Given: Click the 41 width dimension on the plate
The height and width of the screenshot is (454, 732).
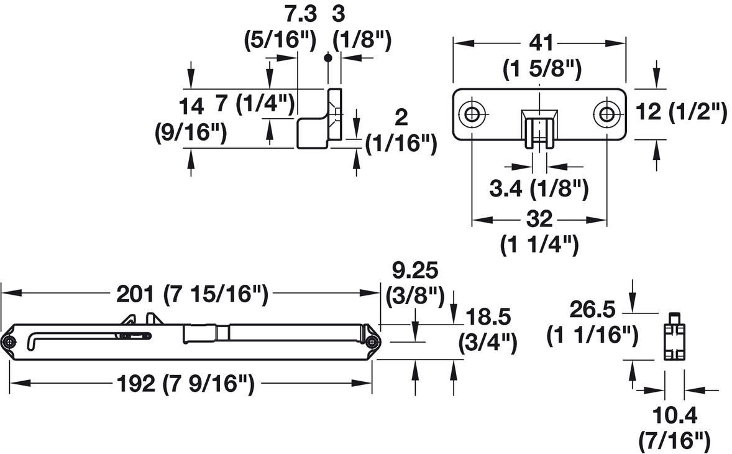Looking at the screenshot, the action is click(x=541, y=43).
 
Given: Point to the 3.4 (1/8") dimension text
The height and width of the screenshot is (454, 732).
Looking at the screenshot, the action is click(x=539, y=188).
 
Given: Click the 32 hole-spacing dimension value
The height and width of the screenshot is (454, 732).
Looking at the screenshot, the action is click(x=539, y=218).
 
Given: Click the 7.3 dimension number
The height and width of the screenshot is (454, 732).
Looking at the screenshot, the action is click(x=301, y=14).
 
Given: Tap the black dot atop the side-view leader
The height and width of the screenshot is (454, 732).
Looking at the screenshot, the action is click(x=328, y=58).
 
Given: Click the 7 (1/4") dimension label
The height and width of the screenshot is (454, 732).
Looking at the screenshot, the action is click(x=255, y=103).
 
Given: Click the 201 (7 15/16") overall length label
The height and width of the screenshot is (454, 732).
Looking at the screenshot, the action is click(x=193, y=294).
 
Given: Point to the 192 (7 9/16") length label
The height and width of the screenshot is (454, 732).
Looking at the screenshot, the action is click(x=185, y=384).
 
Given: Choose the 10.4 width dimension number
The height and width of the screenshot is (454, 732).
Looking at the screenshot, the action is click(x=675, y=415).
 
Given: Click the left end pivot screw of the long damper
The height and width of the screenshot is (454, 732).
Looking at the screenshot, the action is click(x=9, y=342).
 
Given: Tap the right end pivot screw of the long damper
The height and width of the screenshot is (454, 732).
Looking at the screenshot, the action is click(x=372, y=342).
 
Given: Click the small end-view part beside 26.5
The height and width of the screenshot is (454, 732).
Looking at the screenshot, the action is click(x=674, y=336).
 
